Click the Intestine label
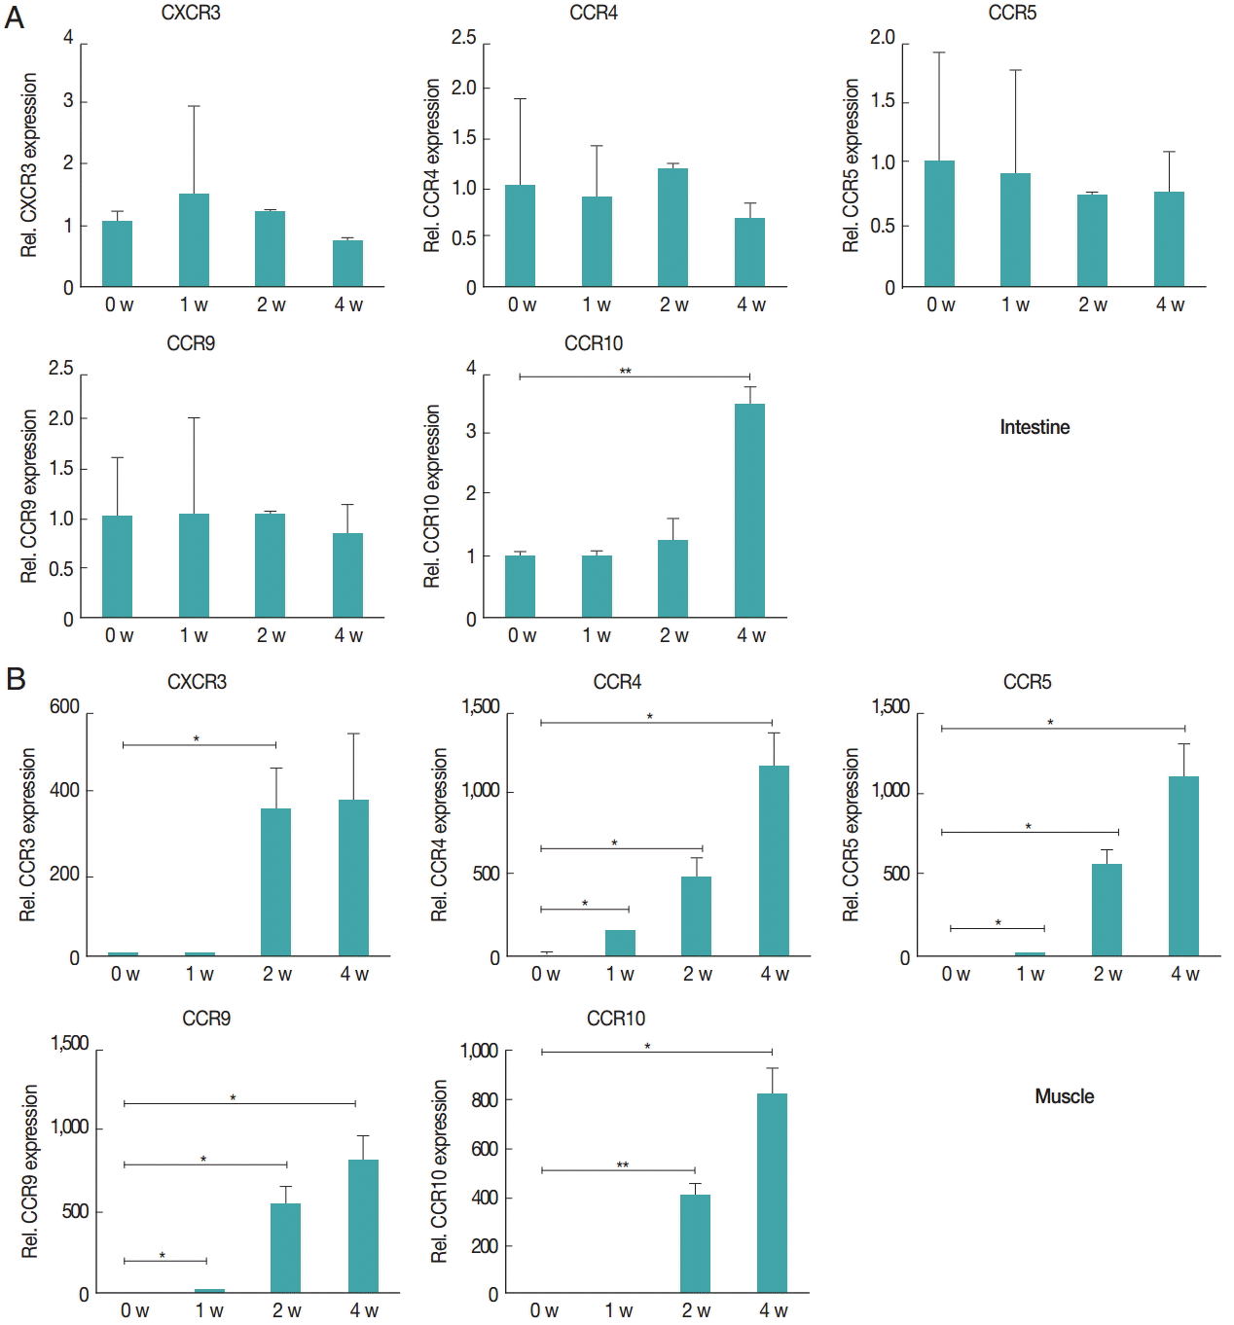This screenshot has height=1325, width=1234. pos(1034,427)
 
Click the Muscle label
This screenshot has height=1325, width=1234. pos(1064,1096)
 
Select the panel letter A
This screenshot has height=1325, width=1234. pos(15,18)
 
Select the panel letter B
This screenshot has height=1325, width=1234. pos(16,678)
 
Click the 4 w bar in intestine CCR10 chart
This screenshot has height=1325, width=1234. pos(749,511)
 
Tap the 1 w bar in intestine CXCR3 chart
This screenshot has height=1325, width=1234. pos(194,240)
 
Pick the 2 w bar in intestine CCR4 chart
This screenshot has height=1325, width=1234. pos(672,228)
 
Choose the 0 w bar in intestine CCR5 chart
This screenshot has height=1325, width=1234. pos(939,224)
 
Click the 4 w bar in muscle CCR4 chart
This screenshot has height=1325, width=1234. pos(774,861)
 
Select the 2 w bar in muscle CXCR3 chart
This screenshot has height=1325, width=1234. pos(275,882)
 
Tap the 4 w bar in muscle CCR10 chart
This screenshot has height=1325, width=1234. pos(772,1193)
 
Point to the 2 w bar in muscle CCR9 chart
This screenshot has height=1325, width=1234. pos(285,1248)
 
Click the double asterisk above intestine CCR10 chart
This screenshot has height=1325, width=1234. pos(625,372)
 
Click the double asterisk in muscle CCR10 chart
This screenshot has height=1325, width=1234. pos(622,1164)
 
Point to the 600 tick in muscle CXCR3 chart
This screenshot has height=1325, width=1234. pos(64,707)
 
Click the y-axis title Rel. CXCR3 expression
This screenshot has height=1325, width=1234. pos(29,165)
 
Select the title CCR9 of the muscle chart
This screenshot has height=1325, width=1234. pos(206,1019)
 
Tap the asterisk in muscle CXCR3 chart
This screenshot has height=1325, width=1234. pos(196,739)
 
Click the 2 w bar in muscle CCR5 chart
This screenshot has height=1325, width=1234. pos(1107,910)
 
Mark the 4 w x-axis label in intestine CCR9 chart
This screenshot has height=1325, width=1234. pos(348,635)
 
